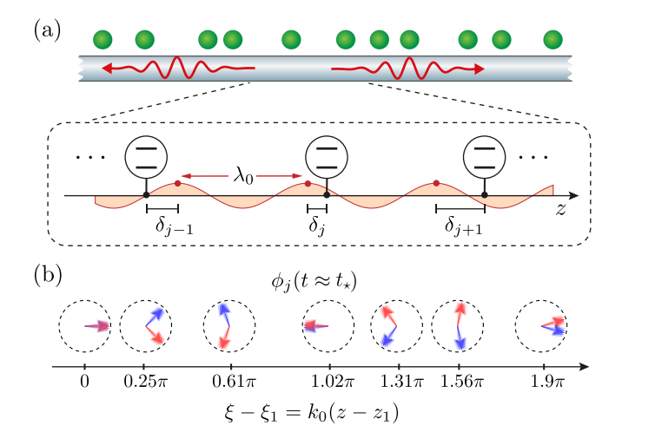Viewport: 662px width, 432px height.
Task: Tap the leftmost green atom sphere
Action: [x=104, y=39]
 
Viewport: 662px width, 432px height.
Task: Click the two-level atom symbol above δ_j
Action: [x=326, y=157]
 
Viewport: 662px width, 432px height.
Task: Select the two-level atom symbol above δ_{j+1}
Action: [x=485, y=157]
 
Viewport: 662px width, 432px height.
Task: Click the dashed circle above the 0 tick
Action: [x=84, y=326]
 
